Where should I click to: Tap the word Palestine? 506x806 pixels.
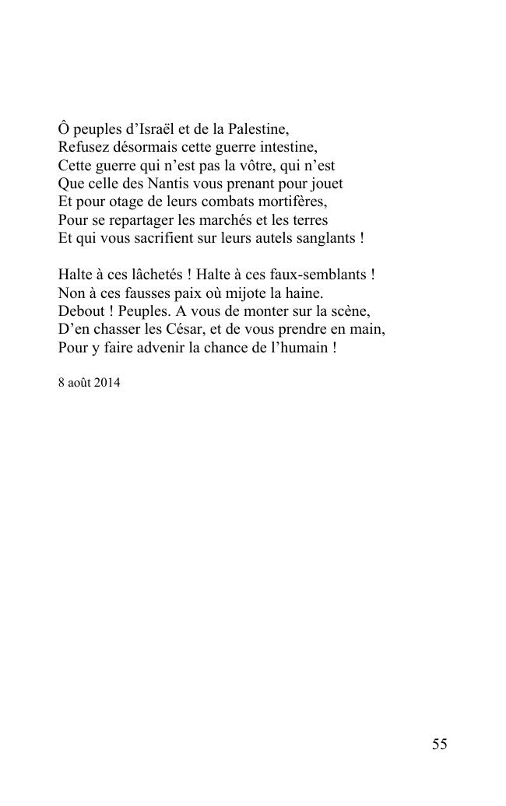tap(258, 128)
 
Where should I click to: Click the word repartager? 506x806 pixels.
tap(140, 220)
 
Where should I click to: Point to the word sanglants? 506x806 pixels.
tap(325, 239)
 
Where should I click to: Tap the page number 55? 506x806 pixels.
tap(439, 745)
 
